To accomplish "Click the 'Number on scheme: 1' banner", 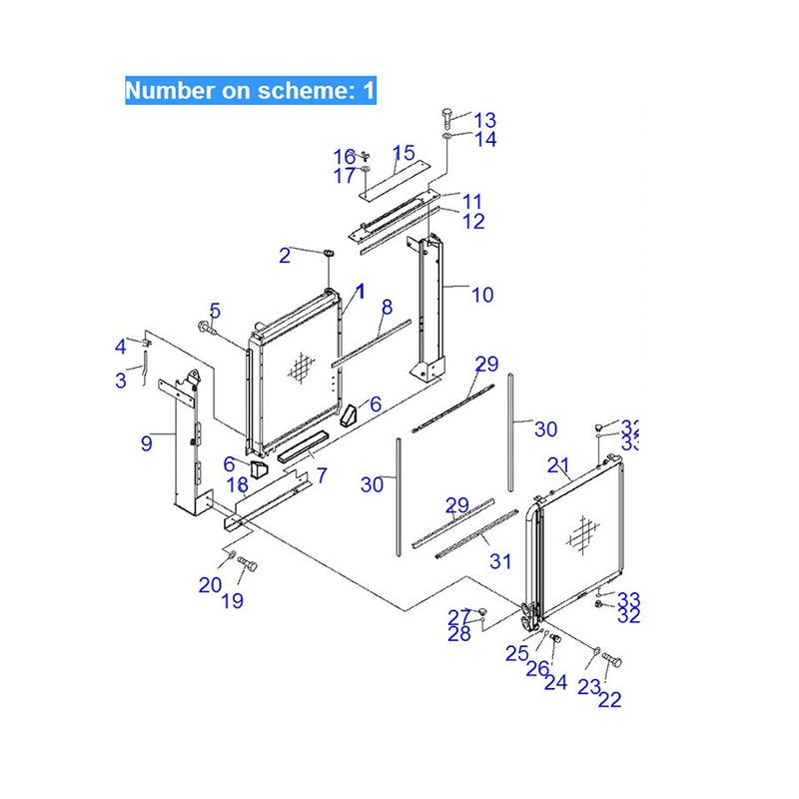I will pos(250,92).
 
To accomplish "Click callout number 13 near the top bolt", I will pos(484,120).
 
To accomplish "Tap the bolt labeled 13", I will pos(445,116).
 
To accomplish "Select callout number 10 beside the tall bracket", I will pos(482,295).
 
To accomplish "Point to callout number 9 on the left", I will pos(147,443).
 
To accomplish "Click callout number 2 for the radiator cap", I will pos(285,256).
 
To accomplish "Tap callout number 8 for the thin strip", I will pos(387,308).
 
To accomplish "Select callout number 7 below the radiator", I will pos(322,476).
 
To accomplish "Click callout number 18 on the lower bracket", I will pos(237,486).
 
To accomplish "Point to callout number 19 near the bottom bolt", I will pos(232,601).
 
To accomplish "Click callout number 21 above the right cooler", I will pos(557,465).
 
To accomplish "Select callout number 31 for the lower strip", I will pos(500,562).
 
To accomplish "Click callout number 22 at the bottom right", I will pos(609,699).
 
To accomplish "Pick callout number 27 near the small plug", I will pos(458,616).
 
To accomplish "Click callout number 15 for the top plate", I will pos(402,153).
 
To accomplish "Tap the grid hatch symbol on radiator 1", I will pos(298,370).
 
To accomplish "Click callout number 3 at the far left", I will pos(121,380).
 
